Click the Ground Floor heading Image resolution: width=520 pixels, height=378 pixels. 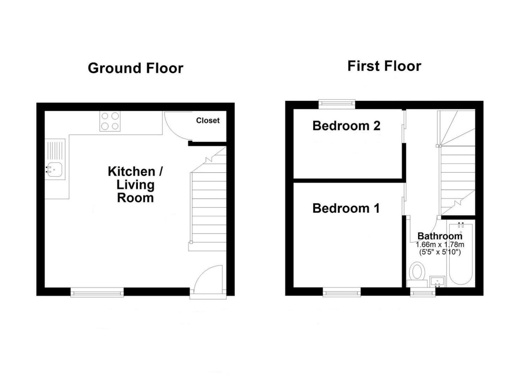click(136, 68)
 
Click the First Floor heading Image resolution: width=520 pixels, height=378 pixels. click(384, 66)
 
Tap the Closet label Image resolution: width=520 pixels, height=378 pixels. click(208, 120)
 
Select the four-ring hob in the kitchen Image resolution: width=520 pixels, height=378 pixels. click(110, 121)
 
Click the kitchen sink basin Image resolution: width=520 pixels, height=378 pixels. click(54, 170)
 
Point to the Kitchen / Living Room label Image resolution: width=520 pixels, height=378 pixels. click(135, 185)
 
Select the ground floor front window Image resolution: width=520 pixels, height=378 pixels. click(97, 292)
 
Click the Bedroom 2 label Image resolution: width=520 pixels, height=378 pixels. click(346, 126)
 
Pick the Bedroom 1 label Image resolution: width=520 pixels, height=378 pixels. click(346, 208)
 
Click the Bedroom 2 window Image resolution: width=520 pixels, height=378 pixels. click(337, 104)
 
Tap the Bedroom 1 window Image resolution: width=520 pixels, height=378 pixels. click(342, 292)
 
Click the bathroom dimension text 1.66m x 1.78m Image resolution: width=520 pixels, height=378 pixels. click(440, 245)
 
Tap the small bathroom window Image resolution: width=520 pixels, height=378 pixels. click(423, 292)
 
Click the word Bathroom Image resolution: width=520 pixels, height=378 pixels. click(440, 236)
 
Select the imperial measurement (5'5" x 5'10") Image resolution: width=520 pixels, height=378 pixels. click(440, 252)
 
